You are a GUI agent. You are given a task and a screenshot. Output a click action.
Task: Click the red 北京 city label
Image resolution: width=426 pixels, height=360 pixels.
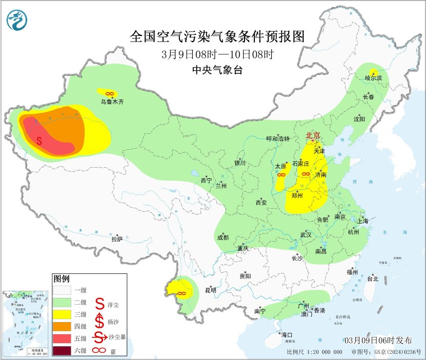coord(313,135)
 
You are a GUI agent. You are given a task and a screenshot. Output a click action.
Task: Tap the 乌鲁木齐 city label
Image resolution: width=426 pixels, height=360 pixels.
coord(112,102)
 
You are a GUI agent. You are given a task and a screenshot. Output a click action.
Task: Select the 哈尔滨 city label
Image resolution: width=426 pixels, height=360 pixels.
coord(374,78)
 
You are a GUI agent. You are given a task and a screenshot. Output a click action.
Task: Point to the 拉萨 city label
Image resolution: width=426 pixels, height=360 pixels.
coord(117,238)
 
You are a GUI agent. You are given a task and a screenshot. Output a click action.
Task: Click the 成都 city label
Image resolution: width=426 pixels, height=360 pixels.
coord(222,237)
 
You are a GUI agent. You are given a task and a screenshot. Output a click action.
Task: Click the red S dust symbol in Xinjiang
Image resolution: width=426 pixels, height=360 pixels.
coord(39,140)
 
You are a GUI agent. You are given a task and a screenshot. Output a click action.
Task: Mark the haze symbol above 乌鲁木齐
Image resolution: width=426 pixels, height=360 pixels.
coord(109,93)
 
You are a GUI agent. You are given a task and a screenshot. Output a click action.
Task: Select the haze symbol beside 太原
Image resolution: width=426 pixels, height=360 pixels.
coord(281,175)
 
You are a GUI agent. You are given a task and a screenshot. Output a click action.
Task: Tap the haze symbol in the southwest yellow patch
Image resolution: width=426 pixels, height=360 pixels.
coord(180,293)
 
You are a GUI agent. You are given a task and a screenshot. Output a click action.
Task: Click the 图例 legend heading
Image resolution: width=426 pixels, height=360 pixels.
coord(61,279)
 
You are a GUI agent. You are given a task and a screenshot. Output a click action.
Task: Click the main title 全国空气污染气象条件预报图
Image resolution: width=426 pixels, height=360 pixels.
coord(217,36)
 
